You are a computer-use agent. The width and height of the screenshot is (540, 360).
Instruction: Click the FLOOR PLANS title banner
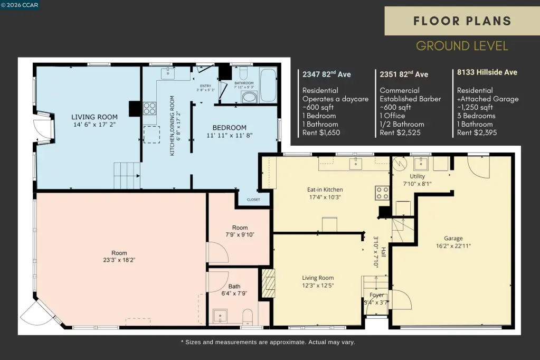coord(462,21)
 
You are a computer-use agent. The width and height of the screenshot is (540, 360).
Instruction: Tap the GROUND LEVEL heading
coord(462,46)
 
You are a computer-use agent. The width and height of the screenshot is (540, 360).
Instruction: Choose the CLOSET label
coord(253,200)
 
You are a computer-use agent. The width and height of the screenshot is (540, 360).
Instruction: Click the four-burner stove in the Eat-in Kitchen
coord(382,193)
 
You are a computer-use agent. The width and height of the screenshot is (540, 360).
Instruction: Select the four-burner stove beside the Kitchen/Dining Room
coord(149,108)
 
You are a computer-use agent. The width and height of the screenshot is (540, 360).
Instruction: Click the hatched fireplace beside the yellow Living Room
coord(269,283)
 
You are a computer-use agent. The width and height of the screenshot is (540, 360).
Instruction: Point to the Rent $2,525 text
coord(400,132)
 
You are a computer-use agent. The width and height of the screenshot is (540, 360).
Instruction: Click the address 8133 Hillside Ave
coord(487,72)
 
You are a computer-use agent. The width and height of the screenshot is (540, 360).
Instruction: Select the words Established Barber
coord(410,99)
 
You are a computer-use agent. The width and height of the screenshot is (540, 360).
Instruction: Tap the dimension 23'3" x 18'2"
coord(119,260)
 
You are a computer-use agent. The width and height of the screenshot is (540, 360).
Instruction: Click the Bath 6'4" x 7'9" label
coord(234,290)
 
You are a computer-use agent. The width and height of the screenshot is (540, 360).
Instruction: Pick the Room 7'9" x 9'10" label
coord(240,231)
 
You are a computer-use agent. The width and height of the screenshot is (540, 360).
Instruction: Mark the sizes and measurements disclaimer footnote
coord(268,342)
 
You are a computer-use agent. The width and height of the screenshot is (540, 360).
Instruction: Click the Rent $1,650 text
coord(321,132)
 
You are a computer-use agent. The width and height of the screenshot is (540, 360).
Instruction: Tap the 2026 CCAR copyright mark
coord(20,5)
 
